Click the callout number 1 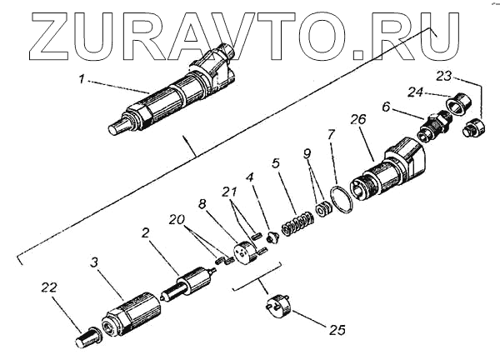(x=82, y=81)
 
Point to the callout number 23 (x=445, y=77)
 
